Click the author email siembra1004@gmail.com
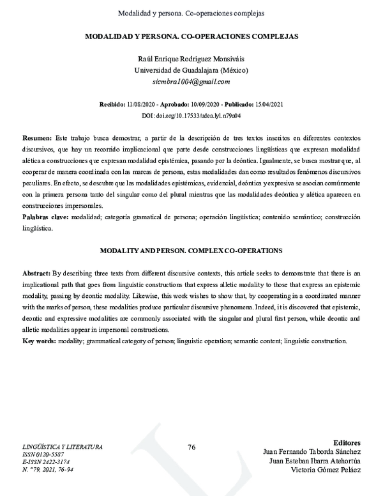pyautogui.click(x=191, y=82)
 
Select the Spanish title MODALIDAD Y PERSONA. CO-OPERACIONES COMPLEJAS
pyautogui.click(x=191, y=36)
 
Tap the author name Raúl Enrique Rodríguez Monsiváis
pyautogui.click(x=191, y=59)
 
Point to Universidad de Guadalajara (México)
pyautogui.click(x=191, y=70)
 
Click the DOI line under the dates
pyautogui.click(x=191, y=115)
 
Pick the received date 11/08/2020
pyautogui.click(x=146, y=104)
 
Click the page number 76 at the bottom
pyautogui.click(x=191, y=447)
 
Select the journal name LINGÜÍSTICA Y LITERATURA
pyautogui.click(x=63, y=447)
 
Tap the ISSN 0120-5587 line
pyautogui.click(x=44, y=454)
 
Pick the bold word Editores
pyautogui.click(x=347, y=442)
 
